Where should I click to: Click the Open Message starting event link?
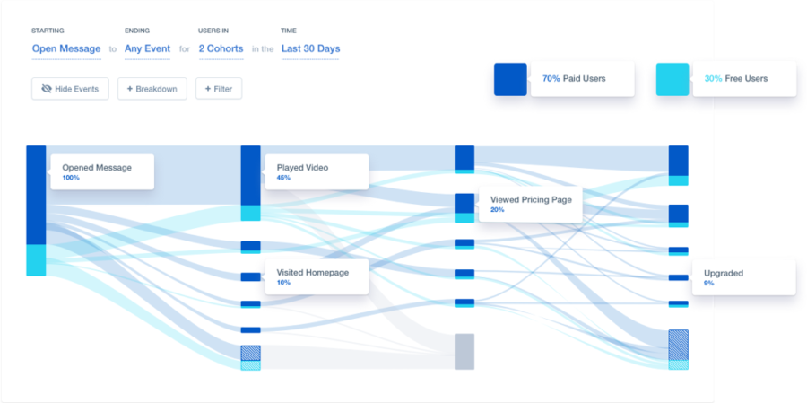tap(66, 49)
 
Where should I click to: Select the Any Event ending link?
tap(147, 49)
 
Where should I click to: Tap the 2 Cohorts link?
tap(221, 49)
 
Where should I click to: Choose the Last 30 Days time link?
tap(310, 49)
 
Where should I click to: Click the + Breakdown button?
tap(152, 89)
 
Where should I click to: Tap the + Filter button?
tap(219, 89)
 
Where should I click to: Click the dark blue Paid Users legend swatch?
tap(510, 79)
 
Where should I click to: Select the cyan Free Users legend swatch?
tap(672, 79)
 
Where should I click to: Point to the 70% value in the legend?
tap(551, 79)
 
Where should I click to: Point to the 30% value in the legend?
tap(714, 79)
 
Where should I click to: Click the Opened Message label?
tap(97, 168)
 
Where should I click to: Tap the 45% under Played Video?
tap(283, 178)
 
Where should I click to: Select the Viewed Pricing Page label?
tap(531, 200)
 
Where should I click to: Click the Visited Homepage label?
tap(313, 273)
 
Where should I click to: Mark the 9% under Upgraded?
tap(708, 283)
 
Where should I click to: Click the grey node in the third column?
tap(464, 352)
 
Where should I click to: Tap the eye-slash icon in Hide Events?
tap(47, 89)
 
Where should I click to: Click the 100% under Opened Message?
tap(71, 178)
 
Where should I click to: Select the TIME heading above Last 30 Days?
tap(289, 31)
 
